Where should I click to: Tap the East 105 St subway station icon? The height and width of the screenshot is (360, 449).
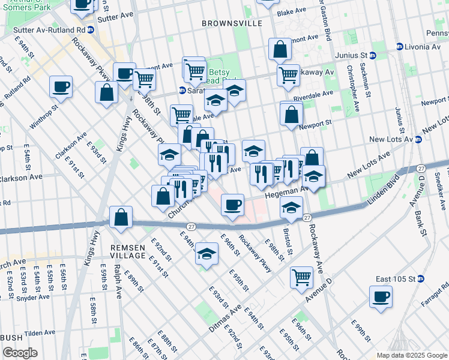[x=421, y=279]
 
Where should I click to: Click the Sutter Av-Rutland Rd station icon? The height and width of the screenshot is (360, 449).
[x=91, y=29]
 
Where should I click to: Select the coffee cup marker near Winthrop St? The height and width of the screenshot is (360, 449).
[x=61, y=87]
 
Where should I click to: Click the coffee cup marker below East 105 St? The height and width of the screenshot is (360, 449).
[x=381, y=296]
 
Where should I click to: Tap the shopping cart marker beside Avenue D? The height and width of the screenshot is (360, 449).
[x=301, y=277]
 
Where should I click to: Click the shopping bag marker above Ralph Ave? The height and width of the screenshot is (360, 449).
[x=121, y=218]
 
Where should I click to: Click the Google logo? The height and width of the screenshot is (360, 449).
[x=20, y=353]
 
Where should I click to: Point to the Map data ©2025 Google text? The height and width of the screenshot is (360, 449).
[x=411, y=355]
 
